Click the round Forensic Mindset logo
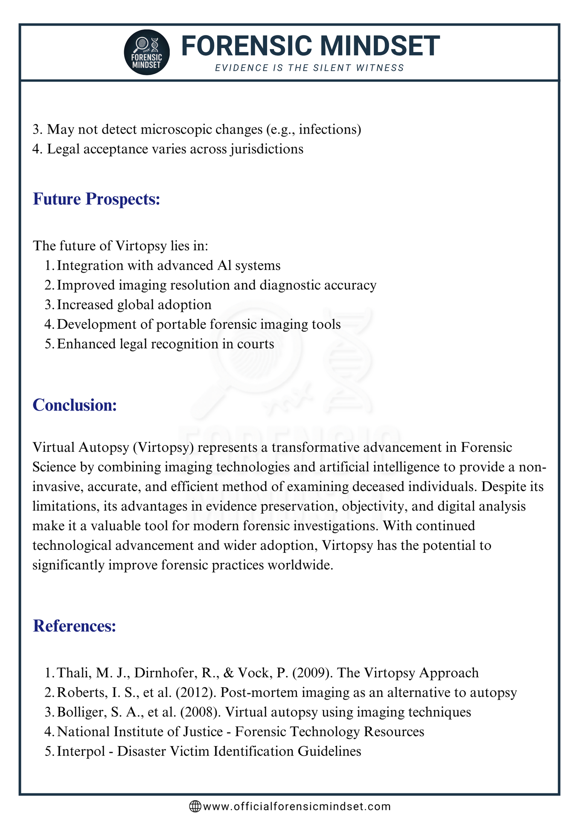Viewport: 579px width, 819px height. (x=147, y=52)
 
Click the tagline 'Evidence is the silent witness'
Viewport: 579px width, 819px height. (x=309, y=68)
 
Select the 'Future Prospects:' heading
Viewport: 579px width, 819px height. (x=96, y=199)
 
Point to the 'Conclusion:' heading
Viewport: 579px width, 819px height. (x=75, y=405)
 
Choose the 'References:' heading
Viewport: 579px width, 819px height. (x=74, y=626)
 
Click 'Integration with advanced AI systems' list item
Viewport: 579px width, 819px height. (x=169, y=265)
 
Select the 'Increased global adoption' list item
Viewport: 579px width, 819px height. (x=134, y=305)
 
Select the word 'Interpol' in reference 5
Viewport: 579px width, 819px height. (x=81, y=751)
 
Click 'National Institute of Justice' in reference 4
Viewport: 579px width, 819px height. (x=140, y=732)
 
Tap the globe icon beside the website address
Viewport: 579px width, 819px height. (x=195, y=806)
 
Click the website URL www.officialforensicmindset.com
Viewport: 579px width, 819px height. (x=297, y=806)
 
